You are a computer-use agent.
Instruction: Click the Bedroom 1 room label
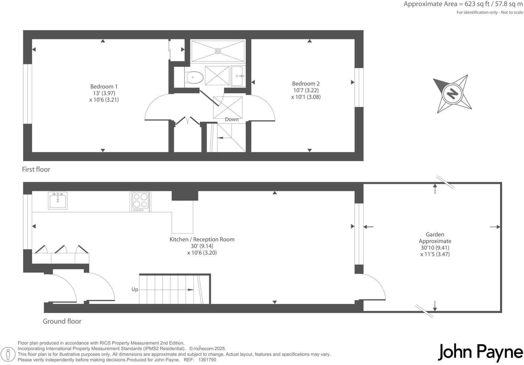click(x=104, y=87)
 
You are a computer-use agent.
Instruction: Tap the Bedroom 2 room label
click(x=306, y=83)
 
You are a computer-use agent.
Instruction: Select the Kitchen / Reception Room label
click(x=202, y=239)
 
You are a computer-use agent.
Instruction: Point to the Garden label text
click(x=435, y=234)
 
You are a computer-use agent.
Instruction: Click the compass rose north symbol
click(x=452, y=94)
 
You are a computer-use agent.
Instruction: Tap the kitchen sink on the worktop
click(x=58, y=200)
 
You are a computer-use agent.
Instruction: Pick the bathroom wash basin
click(x=238, y=76)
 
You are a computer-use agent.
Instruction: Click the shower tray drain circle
click(x=218, y=51)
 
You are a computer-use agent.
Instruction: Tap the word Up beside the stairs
click(x=135, y=290)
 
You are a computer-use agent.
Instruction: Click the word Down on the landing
click(x=232, y=119)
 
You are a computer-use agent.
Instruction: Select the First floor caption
click(x=36, y=169)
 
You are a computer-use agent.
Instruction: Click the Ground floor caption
click(x=62, y=321)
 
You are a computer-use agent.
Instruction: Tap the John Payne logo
click(x=480, y=352)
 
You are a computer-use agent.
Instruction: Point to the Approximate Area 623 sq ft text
click(x=463, y=4)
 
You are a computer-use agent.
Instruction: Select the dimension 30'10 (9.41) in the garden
click(x=435, y=248)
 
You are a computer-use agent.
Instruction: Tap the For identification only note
click(x=490, y=13)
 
